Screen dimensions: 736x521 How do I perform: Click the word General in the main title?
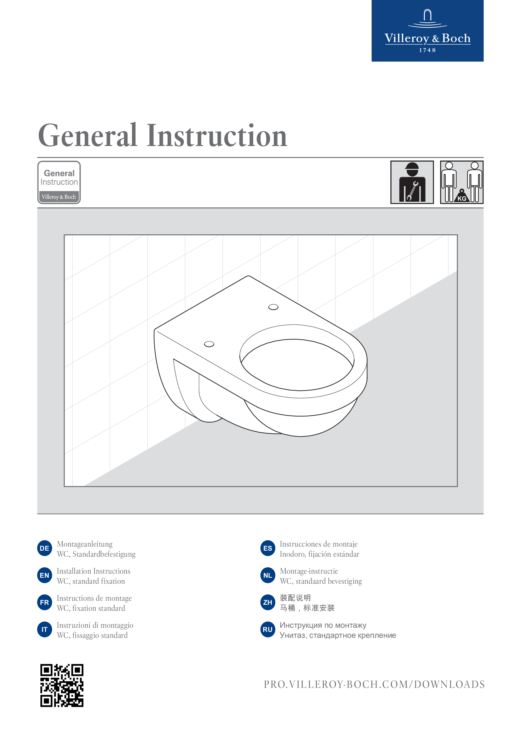(88, 136)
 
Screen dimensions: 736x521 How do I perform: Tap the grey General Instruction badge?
(59, 183)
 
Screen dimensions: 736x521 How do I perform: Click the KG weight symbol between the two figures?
(462, 196)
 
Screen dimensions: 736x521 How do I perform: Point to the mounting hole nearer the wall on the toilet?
(273, 307)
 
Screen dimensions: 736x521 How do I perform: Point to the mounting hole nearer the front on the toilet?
(209, 344)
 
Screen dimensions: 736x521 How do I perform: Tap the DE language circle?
(45, 548)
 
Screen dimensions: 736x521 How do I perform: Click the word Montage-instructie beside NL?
(309, 571)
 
